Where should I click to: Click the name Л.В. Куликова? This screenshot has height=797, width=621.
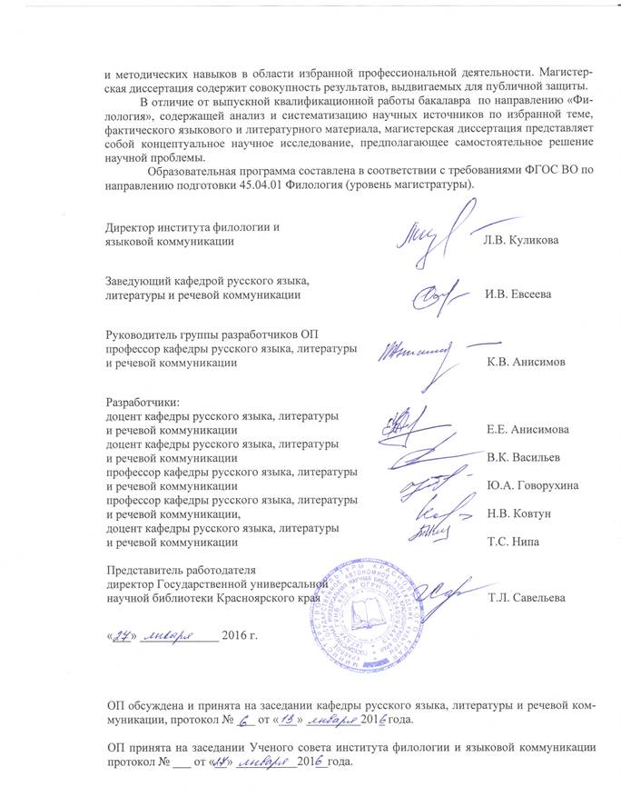pyautogui.click(x=516, y=239)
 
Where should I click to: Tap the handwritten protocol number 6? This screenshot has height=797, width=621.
pyautogui.click(x=242, y=721)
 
